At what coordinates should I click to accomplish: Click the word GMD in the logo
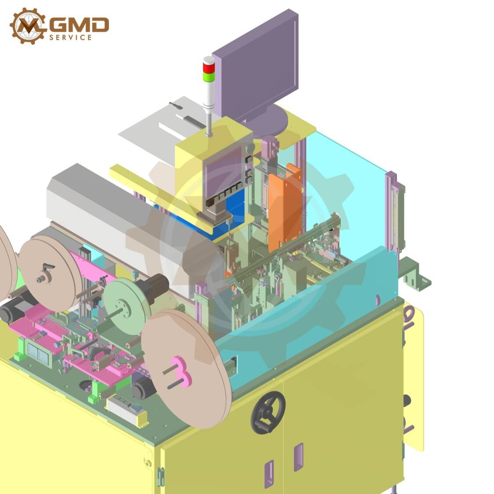79,25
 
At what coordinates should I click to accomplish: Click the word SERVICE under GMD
71,37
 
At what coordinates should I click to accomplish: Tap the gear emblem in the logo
28,26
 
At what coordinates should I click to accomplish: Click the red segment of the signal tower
208,67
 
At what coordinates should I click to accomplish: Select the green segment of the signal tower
208,76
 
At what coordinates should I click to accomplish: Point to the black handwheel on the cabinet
268,412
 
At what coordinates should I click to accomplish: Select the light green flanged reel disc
124,306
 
